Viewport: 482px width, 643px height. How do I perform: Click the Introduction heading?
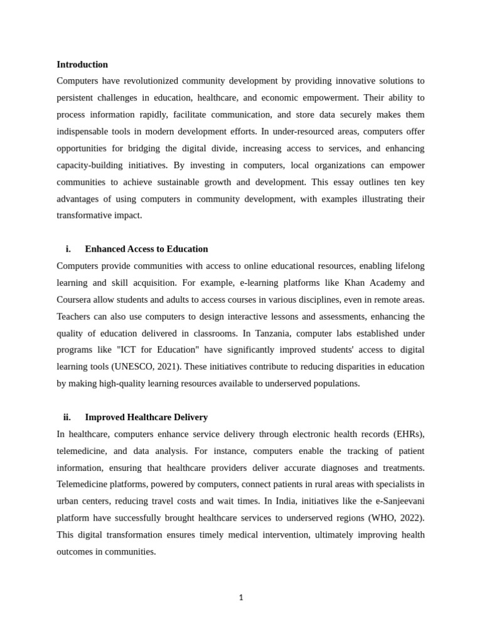[x=82, y=65]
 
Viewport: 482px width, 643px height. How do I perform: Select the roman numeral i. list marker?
[x=68, y=249]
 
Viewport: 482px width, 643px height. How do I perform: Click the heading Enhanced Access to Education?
[x=146, y=249]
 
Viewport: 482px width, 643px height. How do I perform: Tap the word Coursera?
[x=77, y=300]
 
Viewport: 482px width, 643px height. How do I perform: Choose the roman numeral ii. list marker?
[x=67, y=418]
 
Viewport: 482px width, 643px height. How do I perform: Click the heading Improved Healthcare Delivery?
[x=146, y=418]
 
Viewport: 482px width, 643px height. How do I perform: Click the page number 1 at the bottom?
[x=241, y=598]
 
